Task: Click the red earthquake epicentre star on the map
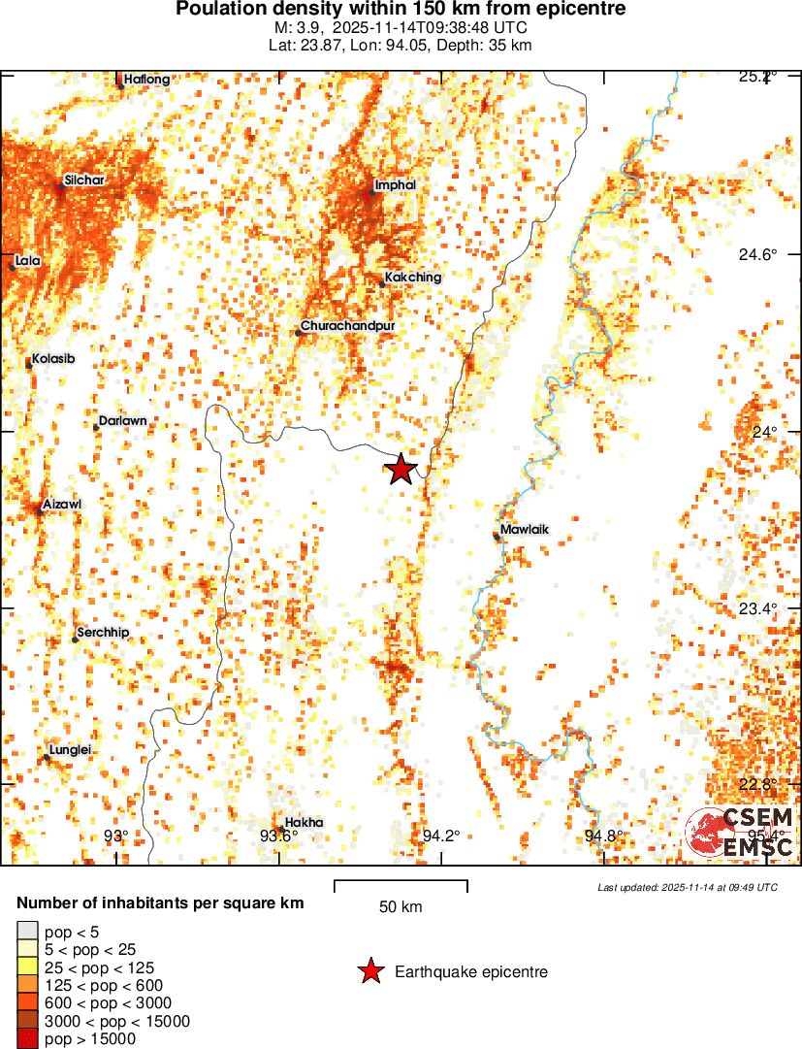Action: (401, 470)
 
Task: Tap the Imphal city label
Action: (395, 184)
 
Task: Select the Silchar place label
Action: (84, 180)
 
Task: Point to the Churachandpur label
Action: (347, 326)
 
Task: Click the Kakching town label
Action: (412, 277)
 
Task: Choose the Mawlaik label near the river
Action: (525, 530)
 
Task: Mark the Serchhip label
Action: (103, 633)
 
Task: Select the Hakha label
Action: (305, 822)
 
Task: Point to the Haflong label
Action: (147, 80)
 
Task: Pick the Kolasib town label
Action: (53, 359)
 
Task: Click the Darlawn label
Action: (123, 421)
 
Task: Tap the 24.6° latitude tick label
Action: (757, 255)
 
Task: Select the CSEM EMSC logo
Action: (741, 833)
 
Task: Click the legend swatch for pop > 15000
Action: (27, 1038)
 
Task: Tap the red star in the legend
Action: (369, 971)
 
